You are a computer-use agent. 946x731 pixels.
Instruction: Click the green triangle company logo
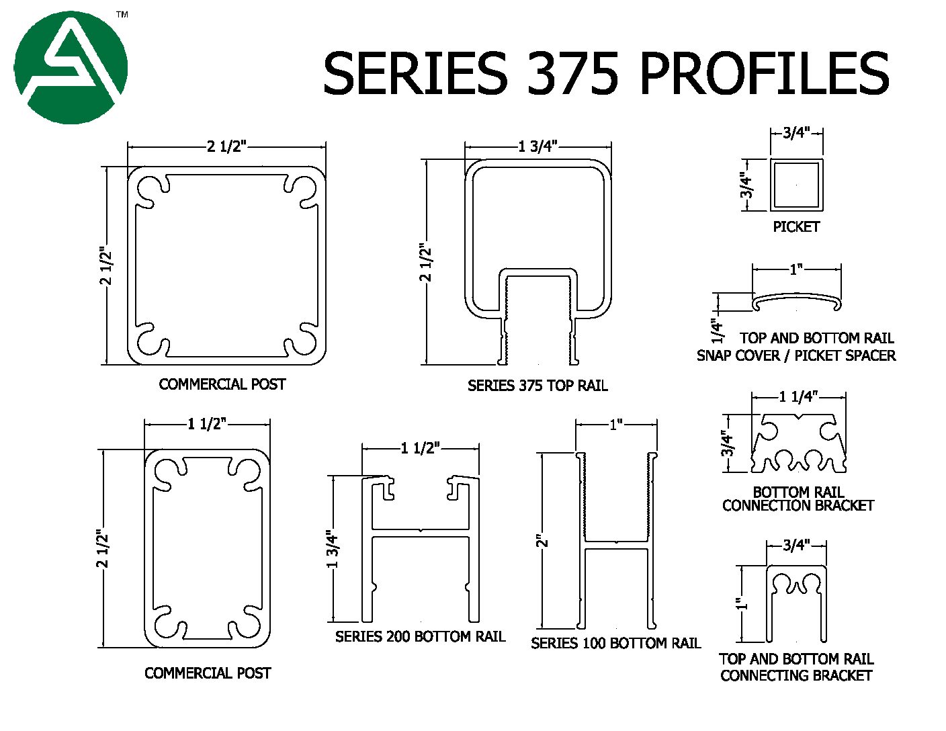tap(71, 67)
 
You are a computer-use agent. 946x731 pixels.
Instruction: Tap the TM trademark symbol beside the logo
tap(122, 14)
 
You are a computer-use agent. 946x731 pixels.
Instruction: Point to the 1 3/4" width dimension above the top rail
tap(538, 146)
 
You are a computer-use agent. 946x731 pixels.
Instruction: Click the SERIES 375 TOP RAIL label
tap(537, 386)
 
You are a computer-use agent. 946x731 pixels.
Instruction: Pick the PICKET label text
tap(796, 227)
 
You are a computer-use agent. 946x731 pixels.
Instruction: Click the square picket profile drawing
tap(796, 184)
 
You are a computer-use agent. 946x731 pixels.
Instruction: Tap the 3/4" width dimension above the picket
tap(796, 132)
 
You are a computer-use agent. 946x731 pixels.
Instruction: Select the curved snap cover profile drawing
tap(796, 302)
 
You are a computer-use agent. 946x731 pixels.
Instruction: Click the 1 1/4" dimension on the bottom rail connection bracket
tap(797, 397)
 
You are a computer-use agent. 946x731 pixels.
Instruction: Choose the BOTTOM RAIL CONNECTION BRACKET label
tap(798, 499)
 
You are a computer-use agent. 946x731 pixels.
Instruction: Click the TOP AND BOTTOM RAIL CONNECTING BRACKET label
tap(796, 667)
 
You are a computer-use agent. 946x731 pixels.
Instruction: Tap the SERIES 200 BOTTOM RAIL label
tap(420, 636)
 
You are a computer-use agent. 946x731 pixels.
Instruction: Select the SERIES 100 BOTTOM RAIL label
tap(615, 643)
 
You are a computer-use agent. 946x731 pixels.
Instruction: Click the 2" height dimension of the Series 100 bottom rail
tap(543, 540)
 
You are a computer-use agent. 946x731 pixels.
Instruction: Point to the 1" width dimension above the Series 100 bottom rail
tap(616, 425)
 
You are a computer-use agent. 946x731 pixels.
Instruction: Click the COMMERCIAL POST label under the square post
tap(222, 384)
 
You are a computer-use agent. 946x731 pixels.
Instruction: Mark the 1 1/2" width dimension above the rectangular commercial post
tap(207, 424)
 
